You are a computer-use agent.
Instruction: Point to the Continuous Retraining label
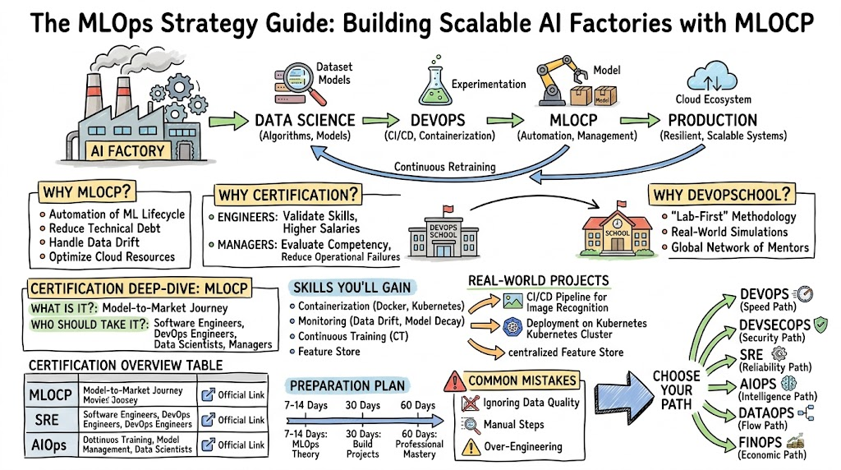click(x=444, y=167)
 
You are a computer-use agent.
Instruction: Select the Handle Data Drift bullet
click(x=95, y=242)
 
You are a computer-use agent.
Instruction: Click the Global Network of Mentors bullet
click(x=739, y=247)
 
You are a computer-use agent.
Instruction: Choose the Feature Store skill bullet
click(x=329, y=352)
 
